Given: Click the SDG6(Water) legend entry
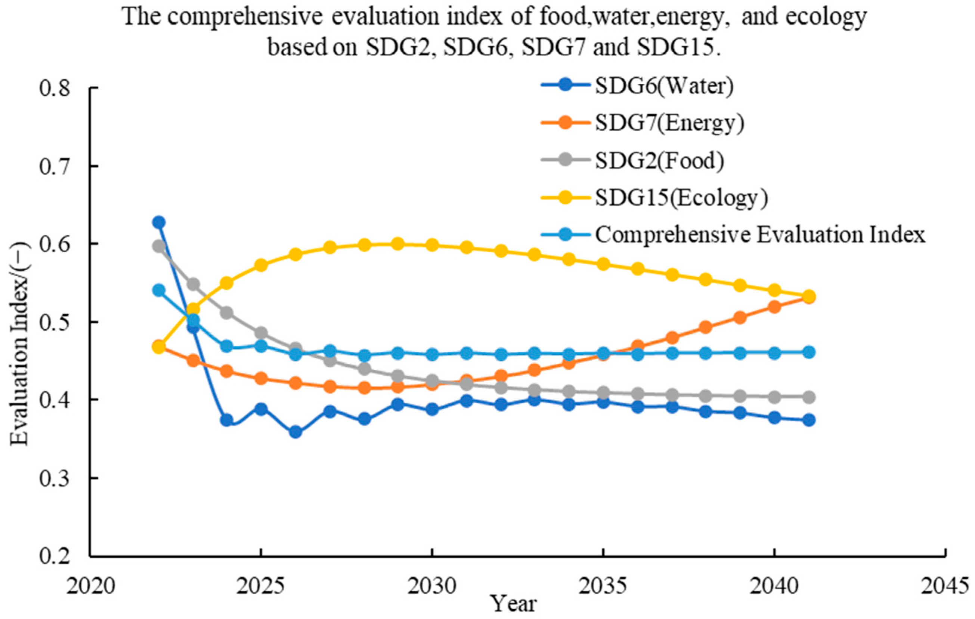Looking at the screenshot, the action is [x=637, y=86].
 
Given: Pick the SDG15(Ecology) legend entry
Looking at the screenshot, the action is [x=655, y=198].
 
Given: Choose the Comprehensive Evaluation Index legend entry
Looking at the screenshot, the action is [x=733, y=235].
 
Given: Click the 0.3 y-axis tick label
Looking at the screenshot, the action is [x=54, y=478].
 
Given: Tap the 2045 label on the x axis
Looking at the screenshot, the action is [x=946, y=586].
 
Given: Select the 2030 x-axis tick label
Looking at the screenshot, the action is [x=433, y=586].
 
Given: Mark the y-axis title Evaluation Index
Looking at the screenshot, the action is [x=20, y=344].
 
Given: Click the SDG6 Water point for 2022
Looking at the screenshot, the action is [x=159, y=222].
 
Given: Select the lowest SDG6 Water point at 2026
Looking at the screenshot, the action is [x=295, y=432].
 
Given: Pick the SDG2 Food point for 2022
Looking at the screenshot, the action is [x=159, y=246].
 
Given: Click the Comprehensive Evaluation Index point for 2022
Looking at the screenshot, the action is [x=159, y=290].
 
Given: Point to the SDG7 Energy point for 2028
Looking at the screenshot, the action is [x=364, y=388].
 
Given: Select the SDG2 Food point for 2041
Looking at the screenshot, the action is [x=809, y=397].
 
